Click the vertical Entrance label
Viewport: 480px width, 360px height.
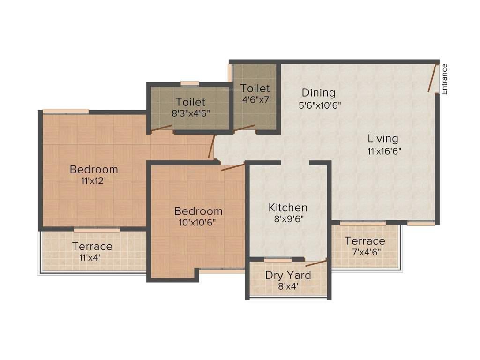(x=444, y=79)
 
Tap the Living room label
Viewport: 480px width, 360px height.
(x=382, y=139)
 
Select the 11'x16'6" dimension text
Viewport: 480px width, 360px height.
(x=384, y=151)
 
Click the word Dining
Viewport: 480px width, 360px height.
(x=318, y=92)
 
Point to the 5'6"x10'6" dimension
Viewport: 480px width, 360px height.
(x=320, y=105)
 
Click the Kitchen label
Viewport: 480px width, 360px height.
(x=288, y=208)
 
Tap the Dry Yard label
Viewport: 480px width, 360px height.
(x=288, y=275)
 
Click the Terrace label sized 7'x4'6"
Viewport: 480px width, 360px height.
(x=365, y=241)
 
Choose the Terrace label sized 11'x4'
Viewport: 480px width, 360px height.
(x=92, y=246)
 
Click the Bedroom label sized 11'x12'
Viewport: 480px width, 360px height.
(x=94, y=169)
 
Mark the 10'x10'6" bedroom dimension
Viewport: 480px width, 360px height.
(x=198, y=223)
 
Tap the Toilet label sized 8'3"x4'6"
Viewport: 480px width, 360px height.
(x=190, y=102)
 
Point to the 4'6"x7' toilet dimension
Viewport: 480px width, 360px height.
(x=255, y=99)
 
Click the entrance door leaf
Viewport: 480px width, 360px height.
(x=432, y=77)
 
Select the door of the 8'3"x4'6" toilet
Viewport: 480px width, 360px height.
(x=162, y=127)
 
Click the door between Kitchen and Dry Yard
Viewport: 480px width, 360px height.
(x=316, y=262)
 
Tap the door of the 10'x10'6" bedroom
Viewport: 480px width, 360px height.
(x=232, y=167)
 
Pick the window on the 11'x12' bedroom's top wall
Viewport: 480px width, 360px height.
(x=66, y=111)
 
